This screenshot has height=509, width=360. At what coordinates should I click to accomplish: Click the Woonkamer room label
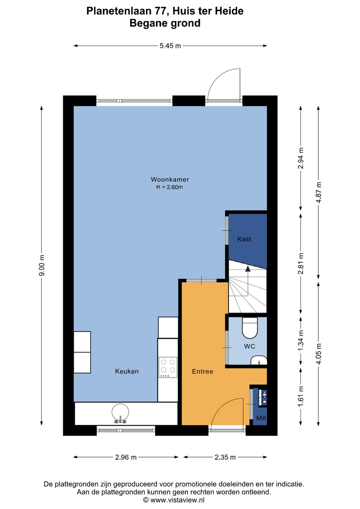pos(170,179)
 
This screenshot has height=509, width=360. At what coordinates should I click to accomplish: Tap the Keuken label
pos(127,371)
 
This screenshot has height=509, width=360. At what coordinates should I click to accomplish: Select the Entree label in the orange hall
pos(202,372)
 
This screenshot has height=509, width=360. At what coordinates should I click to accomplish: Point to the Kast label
pos(244,239)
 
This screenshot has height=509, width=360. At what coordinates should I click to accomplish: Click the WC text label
pos(249,346)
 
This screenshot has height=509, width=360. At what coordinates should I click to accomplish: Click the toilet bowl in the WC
pos(250,328)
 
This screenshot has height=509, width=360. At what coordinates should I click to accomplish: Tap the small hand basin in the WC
pos(259,360)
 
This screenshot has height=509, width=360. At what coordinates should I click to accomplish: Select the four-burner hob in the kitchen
pos(168,367)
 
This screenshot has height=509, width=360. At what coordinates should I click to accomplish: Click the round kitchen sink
pos(120,412)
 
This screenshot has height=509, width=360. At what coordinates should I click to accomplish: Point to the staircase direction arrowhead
pos(248,269)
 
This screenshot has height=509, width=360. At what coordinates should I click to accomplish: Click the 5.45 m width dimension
pos(170,46)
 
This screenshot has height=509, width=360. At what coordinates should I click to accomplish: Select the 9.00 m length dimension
pos(42,265)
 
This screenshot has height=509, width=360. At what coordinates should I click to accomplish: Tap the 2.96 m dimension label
pos(126,457)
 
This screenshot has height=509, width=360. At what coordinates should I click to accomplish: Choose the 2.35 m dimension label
pos(225,457)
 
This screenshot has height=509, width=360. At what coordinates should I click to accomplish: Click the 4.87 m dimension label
pos(319,192)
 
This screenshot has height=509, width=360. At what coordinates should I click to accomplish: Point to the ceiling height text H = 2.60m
pos(170,187)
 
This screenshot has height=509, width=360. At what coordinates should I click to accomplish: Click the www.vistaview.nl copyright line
pos(174,500)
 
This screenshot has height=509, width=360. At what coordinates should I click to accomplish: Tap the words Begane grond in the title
pos(165,23)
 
